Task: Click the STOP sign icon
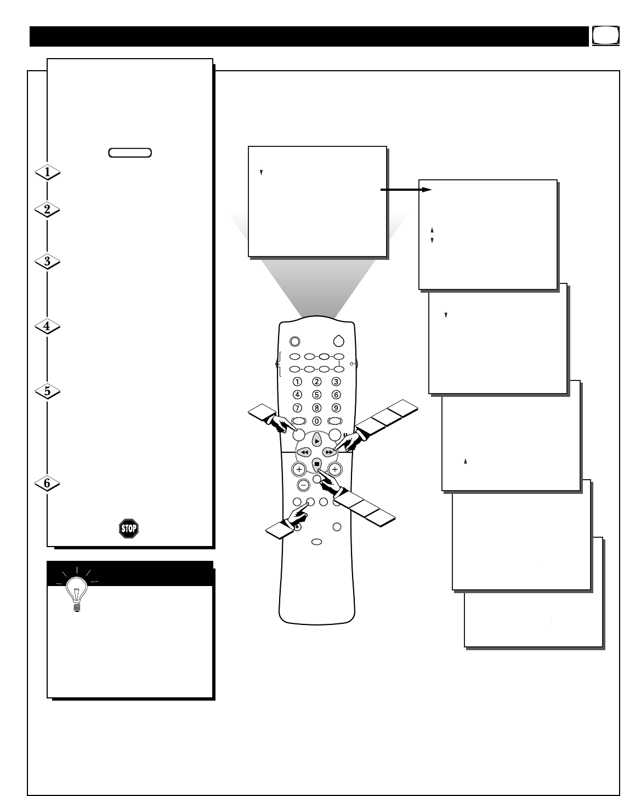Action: click(x=128, y=528)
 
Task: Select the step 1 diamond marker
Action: click(x=47, y=173)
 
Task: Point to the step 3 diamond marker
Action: click(x=47, y=262)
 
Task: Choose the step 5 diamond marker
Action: click(x=47, y=391)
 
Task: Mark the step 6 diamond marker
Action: click(x=47, y=484)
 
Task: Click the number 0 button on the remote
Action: click(x=316, y=421)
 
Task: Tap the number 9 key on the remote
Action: click(x=336, y=407)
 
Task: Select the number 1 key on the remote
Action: click(x=297, y=382)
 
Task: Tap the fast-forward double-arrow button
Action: click(x=328, y=452)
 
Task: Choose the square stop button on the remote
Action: click(x=316, y=464)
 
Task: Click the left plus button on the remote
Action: click(x=298, y=469)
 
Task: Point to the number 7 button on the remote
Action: click(x=297, y=407)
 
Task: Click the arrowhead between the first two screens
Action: click(x=426, y=190)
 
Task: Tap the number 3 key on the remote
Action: click(x=336, y=382)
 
